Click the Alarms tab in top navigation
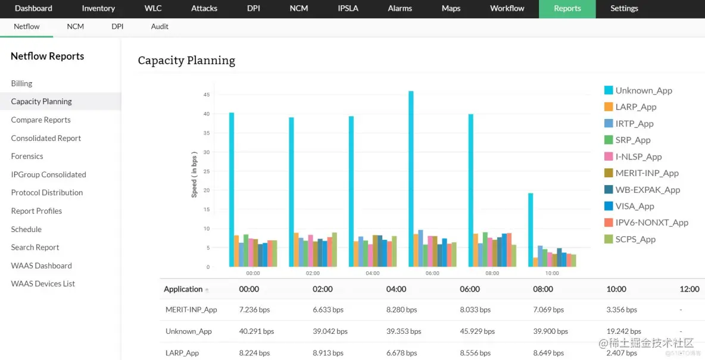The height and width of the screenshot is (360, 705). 400,8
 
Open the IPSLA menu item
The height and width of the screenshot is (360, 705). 348,8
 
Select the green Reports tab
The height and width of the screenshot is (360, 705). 567,8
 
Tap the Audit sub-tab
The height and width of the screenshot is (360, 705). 160,27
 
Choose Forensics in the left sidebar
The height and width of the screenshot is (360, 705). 27,156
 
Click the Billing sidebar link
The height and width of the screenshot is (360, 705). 22,84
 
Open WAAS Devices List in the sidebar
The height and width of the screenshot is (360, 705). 43,284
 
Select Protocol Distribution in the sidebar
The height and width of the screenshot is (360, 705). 47,193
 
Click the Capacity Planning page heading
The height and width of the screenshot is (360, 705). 186,61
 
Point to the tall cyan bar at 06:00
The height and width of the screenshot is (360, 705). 411,179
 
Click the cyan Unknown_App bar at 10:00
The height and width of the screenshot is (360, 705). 531,230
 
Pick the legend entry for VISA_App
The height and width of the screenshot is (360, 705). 635,206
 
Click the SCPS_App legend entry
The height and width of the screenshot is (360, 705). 635,240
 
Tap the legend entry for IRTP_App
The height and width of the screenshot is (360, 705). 634,124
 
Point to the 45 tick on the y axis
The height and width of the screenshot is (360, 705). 206,95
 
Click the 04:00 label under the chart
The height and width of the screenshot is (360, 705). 373,273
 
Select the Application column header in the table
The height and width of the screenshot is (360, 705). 183,289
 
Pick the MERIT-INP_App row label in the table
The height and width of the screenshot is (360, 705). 191,310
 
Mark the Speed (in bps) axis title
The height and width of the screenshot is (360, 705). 194,174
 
